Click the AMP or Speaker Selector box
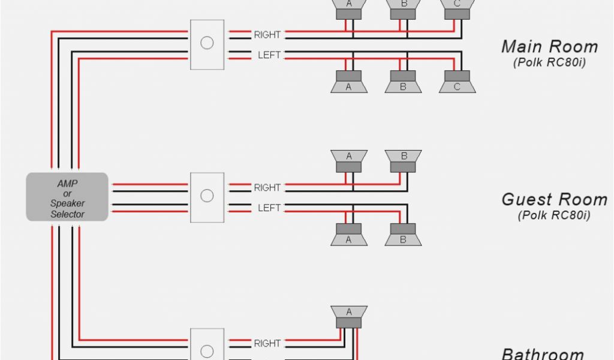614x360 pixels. point(67,197)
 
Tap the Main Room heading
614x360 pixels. point(549,46)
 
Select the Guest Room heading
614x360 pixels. point(554,199)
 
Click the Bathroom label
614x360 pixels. point(542,354)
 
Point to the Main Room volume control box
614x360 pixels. point(207,44)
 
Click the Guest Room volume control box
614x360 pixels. point(207,197)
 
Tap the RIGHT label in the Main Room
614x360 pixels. point(267,35)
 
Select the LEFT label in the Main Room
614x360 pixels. point(269,55)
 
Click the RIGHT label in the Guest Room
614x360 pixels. point(267,188)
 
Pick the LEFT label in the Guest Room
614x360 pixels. point(269,208)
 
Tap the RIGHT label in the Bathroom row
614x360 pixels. point(267,344)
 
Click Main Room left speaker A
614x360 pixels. point(348,82)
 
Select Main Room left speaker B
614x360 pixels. point(403,82)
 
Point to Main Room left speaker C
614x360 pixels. point(457,82)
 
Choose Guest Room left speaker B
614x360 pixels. point(403,235)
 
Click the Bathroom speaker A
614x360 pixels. point(348,316)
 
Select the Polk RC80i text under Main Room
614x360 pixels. point(549,62)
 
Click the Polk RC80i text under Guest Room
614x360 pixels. point(554,215)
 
